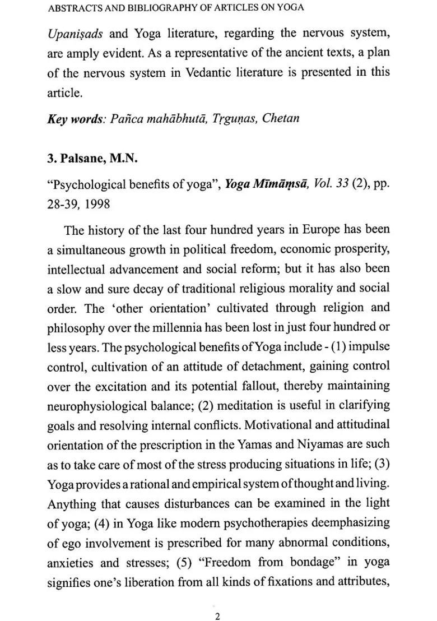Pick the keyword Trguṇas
point(230,119)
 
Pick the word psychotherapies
point(241,522)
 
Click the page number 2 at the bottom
point(217,601)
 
